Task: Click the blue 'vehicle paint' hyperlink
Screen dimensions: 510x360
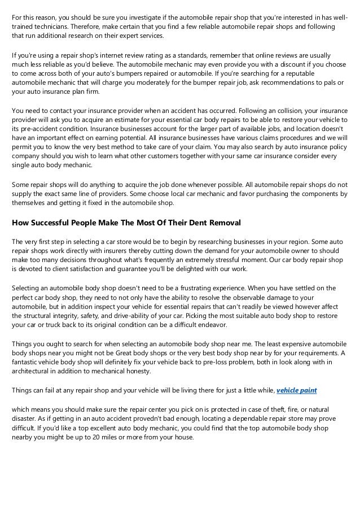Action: tap(297, 390)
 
